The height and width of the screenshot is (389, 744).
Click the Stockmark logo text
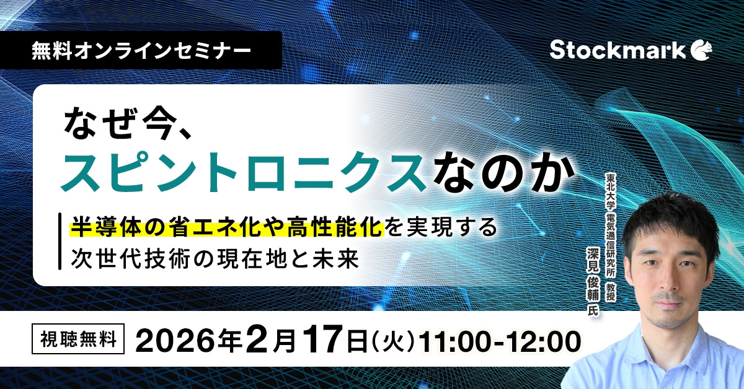[x=617, y=50]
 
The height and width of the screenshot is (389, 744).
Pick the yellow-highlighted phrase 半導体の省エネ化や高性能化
[x=227, y=228]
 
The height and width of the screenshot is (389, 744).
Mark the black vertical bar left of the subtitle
[x=59, y=242]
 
